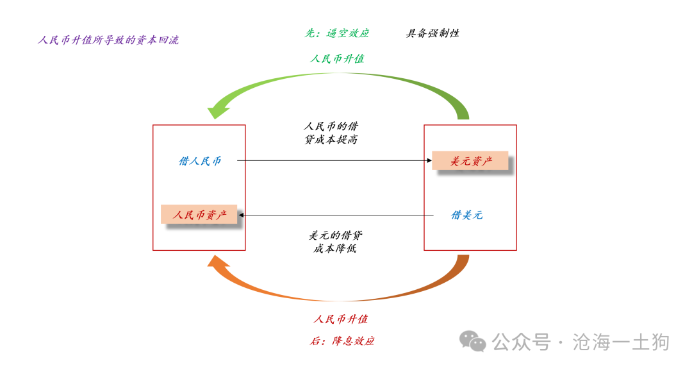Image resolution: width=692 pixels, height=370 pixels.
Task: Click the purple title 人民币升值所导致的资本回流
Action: pos(108,40)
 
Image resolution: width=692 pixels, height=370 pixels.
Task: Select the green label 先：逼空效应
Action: pos(337,33)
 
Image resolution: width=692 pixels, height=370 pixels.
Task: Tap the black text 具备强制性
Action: pos(432,33)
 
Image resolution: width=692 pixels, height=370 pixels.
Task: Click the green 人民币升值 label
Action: pos(337,59)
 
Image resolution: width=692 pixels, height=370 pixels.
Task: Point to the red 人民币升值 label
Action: pos(341,319)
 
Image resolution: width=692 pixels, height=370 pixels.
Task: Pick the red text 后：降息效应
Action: pos(342,341)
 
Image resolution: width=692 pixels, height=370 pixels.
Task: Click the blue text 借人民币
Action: pos(200,161)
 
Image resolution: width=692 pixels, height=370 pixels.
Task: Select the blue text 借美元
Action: pos(467,215)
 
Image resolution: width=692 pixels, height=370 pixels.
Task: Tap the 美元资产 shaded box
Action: pos(470,161)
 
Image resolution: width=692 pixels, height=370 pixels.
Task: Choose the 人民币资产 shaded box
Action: pos(199,215)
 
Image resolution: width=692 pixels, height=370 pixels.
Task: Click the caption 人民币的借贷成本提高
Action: pos(331,133)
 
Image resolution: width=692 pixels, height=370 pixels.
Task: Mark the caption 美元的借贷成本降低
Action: pos(335,242)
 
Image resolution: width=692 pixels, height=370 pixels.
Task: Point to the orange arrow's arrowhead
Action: pos(218,263)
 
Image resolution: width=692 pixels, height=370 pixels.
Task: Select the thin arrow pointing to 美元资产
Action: pos(334,160)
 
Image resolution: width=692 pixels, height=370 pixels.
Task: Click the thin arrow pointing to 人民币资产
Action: pos(336,215)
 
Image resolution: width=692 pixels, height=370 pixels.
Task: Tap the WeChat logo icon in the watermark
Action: pos(473,341)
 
